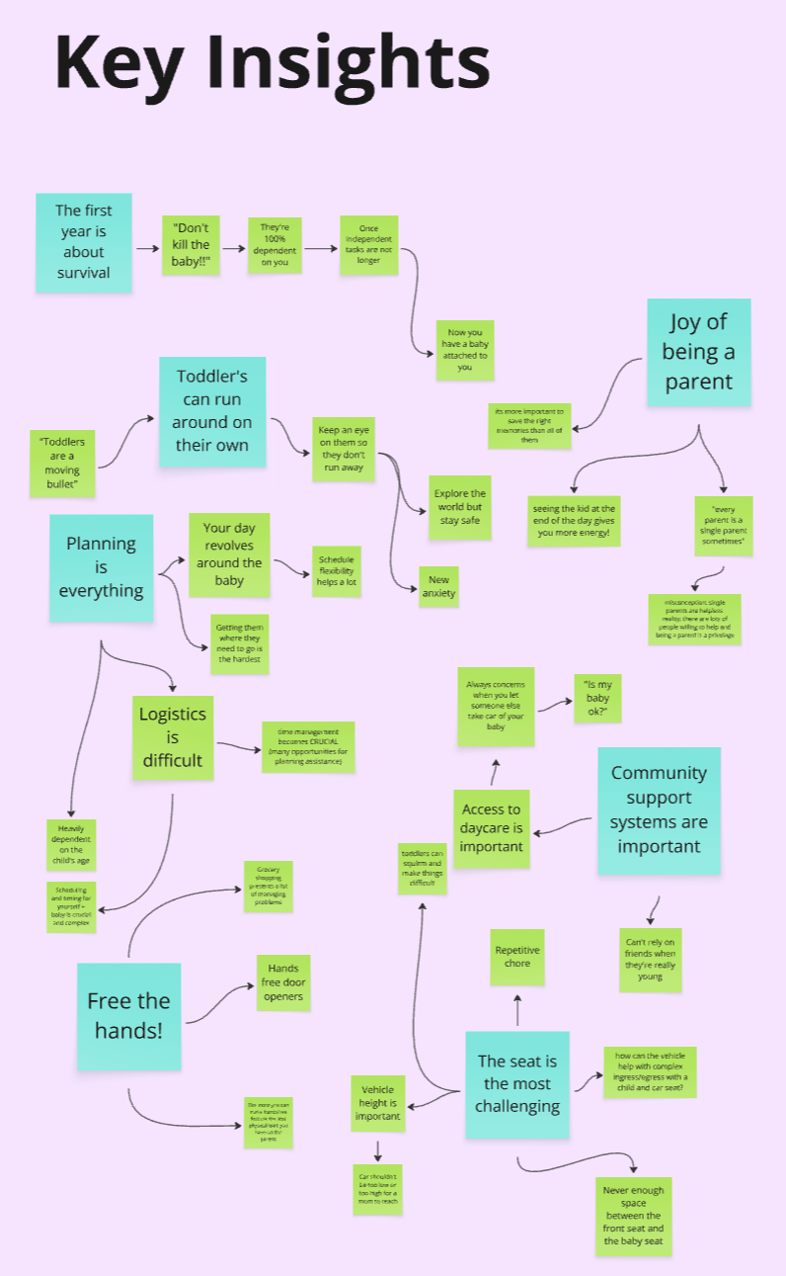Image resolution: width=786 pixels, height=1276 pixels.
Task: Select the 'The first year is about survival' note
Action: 83,242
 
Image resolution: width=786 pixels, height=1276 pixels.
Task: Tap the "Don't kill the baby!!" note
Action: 191,245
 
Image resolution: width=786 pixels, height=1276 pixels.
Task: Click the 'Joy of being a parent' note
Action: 698,352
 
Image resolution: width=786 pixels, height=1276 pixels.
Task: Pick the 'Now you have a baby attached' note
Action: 465,350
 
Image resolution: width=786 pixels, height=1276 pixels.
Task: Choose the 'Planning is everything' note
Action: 101,567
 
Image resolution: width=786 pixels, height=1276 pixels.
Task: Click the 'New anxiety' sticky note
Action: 438,586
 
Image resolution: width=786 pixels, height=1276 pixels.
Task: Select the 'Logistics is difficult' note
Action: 172,737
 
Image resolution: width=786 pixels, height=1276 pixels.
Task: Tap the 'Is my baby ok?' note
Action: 598,697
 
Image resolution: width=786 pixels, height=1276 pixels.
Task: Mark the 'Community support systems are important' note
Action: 659,810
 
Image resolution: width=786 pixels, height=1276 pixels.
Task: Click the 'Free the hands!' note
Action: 128,1016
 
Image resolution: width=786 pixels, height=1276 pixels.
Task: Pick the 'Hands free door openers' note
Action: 283,982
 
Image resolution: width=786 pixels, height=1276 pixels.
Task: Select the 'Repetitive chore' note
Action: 517,957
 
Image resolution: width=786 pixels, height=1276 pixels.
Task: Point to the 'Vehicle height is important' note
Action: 377,1102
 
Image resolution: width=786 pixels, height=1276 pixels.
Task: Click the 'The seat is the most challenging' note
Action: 517,1083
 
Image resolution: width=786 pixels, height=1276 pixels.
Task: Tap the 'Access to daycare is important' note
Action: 491,828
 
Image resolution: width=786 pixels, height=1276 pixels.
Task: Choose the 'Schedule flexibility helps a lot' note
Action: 337,571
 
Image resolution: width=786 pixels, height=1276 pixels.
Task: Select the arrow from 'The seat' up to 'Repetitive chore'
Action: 517,1009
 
